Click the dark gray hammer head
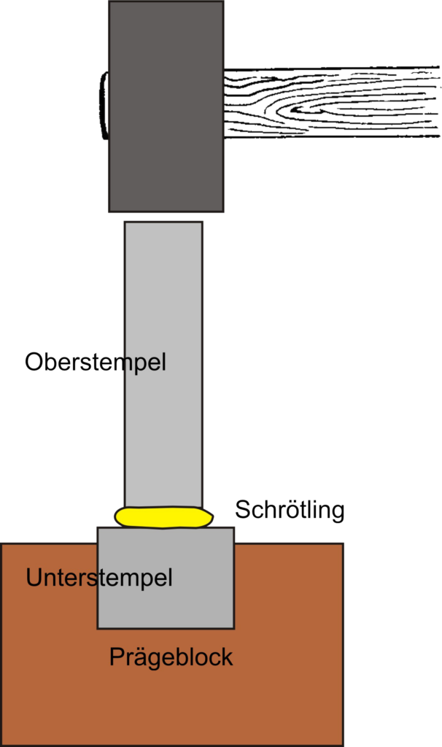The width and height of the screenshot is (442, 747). coord(166,107)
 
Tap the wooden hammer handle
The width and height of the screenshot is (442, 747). coord(331,102)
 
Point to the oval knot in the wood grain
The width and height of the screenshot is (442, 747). coord(314,110)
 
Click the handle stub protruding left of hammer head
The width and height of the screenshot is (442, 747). coord(104,106)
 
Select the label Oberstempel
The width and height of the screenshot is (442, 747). coord(96,362)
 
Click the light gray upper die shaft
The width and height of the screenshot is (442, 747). coord(163,365)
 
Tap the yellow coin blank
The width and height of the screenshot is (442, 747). coord(163,517)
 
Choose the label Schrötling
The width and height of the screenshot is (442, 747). coord(290,510)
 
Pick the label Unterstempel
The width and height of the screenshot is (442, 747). coord(98,578)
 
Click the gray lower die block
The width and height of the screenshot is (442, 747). coord(166,578)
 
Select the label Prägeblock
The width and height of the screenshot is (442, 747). coord(171,657)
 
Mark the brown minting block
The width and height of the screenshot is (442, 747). coord(171,686)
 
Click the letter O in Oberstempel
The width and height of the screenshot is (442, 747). coord(34,362)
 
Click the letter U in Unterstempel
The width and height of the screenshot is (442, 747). coord(34,578)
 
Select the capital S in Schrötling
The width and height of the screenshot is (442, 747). coord(243,509)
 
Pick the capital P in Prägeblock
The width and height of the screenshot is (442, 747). coord(117,657)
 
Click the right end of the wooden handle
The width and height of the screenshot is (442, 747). coord(439,102)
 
